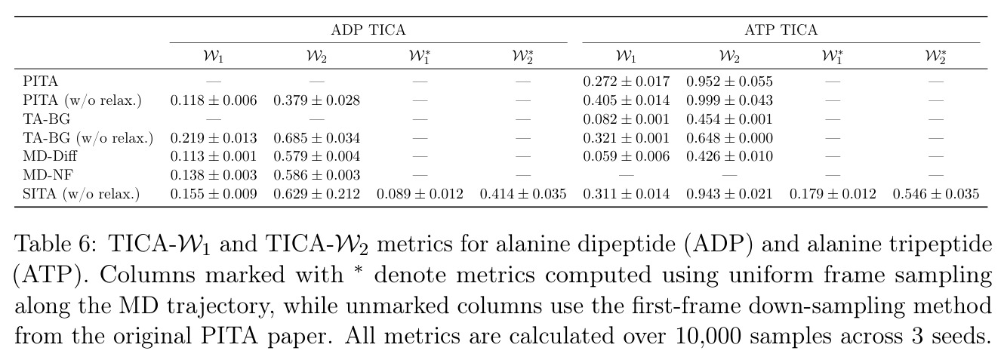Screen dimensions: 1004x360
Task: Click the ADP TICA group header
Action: [368, 30]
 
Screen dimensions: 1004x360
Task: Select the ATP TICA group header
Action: [781, 30]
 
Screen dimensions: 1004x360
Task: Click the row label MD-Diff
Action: [50, 156]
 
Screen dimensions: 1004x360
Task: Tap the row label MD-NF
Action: [48, 175]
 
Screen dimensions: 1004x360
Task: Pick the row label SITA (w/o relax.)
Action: [81, 194]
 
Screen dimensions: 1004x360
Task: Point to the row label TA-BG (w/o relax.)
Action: [88, 137]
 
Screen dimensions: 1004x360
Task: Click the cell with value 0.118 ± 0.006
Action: [214, 100]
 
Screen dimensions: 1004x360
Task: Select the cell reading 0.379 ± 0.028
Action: [316, 100]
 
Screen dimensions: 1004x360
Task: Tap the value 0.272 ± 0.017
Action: [626, 82]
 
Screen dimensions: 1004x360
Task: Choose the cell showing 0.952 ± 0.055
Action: [729, 82]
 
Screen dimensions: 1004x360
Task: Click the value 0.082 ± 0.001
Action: [626, 118]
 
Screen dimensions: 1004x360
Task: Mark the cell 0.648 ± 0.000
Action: [729, 137]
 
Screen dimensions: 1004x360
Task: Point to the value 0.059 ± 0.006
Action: [626, 156]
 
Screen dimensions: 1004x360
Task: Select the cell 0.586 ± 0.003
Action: [316, 175]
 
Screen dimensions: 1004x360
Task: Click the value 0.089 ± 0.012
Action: [420, 194]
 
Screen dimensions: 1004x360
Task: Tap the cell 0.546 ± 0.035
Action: [936, 194]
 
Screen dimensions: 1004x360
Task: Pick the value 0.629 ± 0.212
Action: [316, 194]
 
